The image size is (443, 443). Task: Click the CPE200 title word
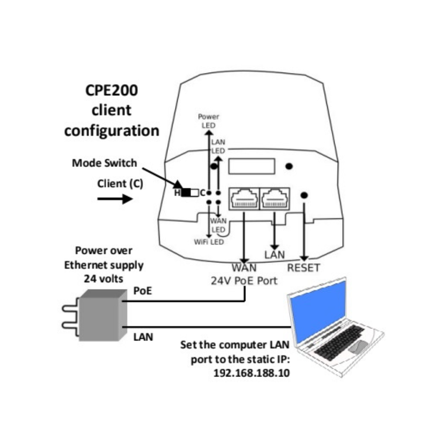112,90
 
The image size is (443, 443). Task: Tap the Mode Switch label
105,163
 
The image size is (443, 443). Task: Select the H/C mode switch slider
190,193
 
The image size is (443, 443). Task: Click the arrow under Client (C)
115,199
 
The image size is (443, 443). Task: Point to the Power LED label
209,121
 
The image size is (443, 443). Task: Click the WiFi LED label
209,242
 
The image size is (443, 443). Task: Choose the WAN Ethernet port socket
244,199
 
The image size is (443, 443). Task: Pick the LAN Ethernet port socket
275,199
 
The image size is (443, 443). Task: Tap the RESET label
303,268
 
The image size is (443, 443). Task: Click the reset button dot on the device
304,195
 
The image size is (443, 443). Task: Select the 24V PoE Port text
244,281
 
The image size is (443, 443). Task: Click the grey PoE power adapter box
103,315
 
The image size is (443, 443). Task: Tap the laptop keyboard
339,342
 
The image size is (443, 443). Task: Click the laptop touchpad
358,347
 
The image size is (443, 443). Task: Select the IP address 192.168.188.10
251,373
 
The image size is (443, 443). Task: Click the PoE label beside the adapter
143,291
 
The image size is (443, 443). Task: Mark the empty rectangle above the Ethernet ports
251,166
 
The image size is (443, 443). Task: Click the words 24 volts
103,279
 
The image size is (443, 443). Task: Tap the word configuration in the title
112,131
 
